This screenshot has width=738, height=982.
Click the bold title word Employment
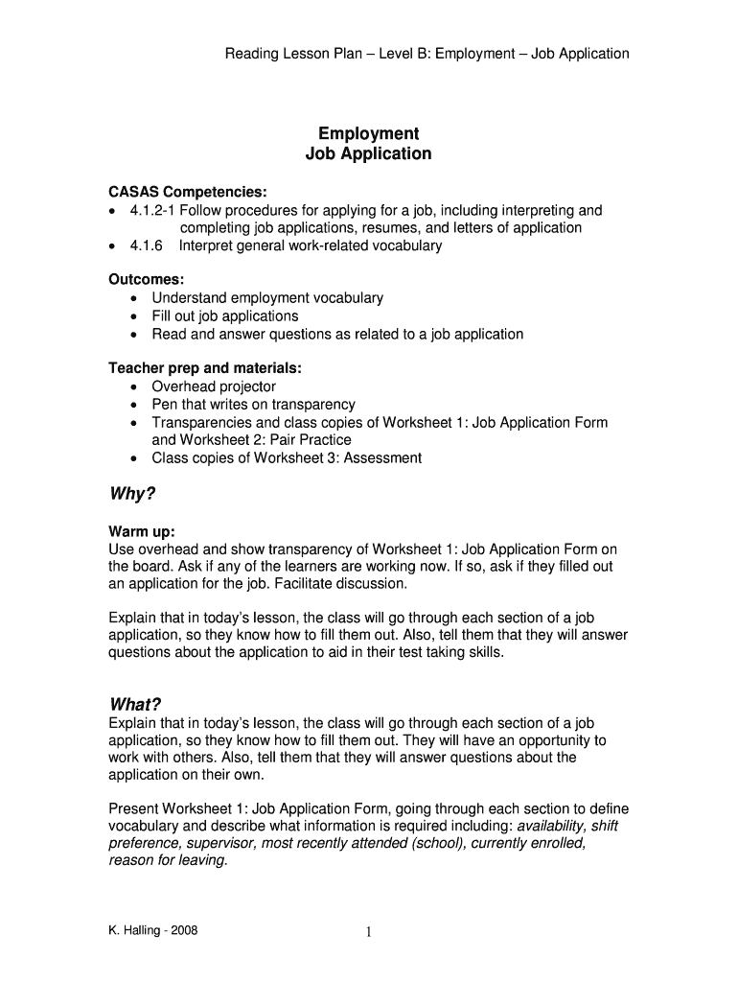[x=368, y=133]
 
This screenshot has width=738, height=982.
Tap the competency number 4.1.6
[x=140, y=245]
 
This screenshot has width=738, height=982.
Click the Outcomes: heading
[x=146, y=279]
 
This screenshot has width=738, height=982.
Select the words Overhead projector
[x=214, y=386]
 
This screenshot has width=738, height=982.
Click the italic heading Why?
[x=132, y=495]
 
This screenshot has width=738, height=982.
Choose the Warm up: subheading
[x=142, y=531]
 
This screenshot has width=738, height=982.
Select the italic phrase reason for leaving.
[x=169, y=860]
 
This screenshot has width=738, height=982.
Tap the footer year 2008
[x=183, y=931]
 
